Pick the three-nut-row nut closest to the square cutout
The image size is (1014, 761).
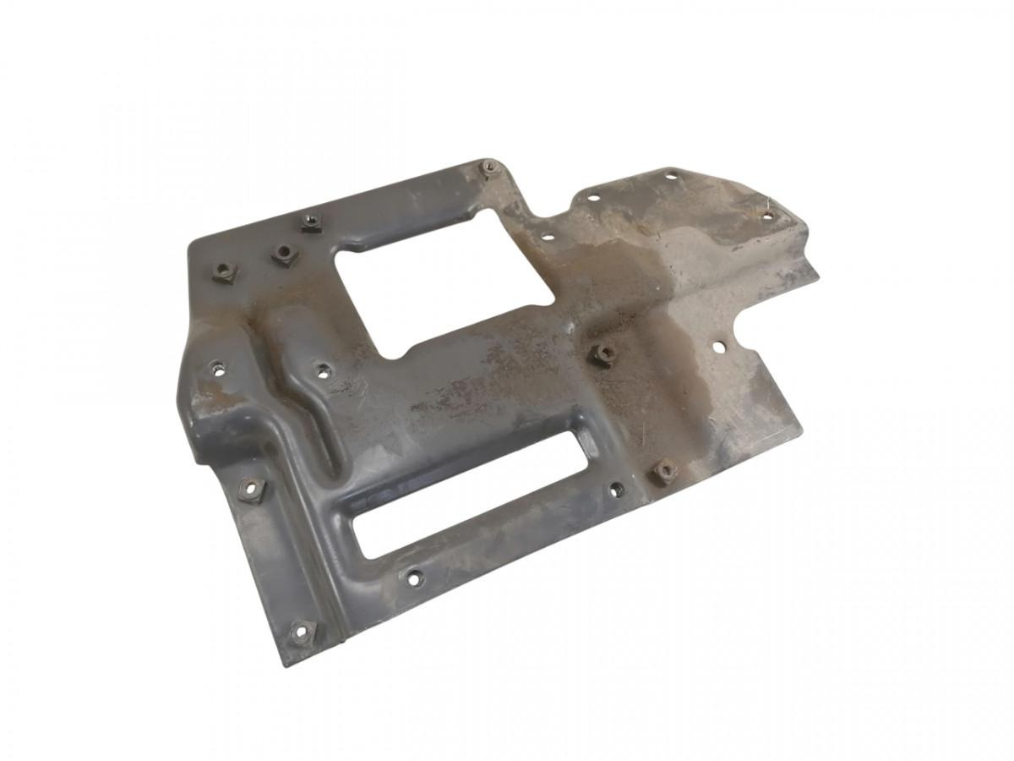[x=311, y=224]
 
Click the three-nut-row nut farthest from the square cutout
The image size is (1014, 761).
[x=224, y=271]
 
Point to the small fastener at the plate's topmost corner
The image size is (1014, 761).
[x=489, y=167]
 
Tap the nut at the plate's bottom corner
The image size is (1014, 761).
[x=302, y=631]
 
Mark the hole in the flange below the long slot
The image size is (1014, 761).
[x=413, y=578]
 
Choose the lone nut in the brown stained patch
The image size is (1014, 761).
[x=604, y=353]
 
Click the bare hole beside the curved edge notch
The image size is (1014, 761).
[x=719, y=346]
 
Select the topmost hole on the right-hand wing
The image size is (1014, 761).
[x=670, y=176]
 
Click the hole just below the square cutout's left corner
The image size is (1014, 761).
[x=322, y=369]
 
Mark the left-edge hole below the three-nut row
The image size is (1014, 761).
[x=216, y=366]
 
